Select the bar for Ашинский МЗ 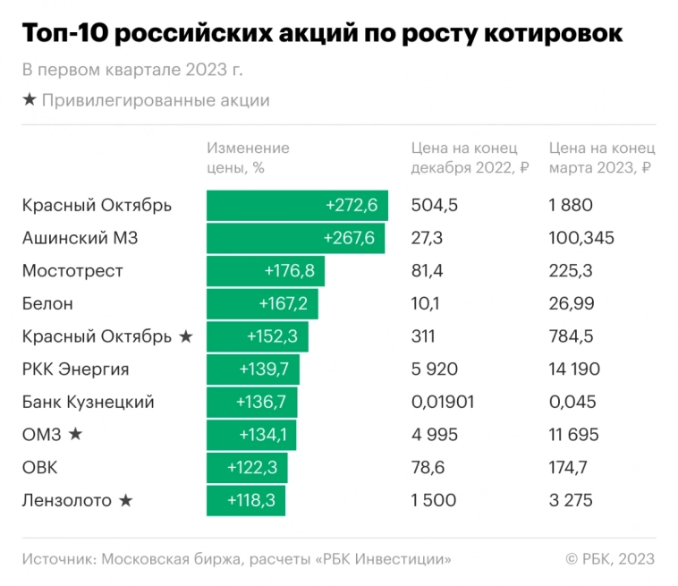point(296,238)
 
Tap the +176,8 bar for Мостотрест point(266,271)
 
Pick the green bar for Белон point(261,303)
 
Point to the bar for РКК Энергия point(253,369)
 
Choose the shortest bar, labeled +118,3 point(245,501)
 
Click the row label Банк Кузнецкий point(88,403)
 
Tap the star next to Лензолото point(125,501)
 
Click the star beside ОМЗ point(75,435)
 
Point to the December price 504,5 point(434,206)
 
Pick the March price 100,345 point(581,238)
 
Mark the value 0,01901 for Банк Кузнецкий point(443,403)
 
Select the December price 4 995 point(434,435)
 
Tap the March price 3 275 point(571,501)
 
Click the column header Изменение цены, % point(248,157)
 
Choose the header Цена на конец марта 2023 point(601,157)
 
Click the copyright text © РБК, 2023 point(609,559)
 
